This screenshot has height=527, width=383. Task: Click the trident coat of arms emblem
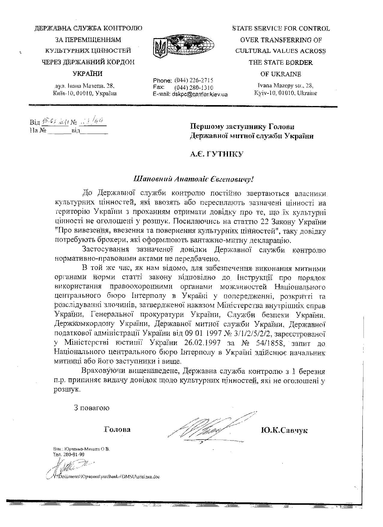coord(160,47)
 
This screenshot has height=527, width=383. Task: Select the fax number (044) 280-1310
coord(194,87)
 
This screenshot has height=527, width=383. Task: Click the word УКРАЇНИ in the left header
coord(88,74)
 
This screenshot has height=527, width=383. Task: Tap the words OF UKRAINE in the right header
coord(281,74)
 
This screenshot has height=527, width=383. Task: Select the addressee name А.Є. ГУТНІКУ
coord(217,154)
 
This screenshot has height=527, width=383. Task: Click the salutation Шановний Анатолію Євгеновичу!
coord(194,180)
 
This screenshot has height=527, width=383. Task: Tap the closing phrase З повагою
coord(92,408)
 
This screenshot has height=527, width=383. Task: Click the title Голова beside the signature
coord(117,429)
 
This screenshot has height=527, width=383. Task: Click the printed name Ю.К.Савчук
coord(284,430)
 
